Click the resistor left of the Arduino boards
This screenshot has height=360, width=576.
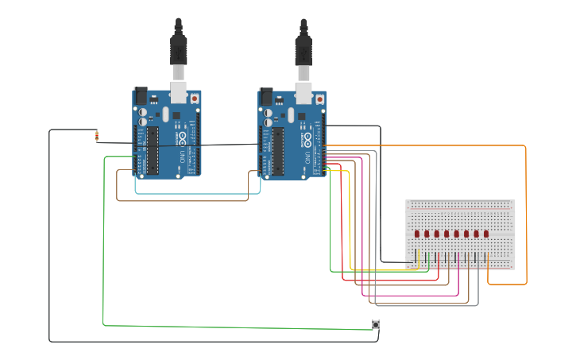pyautogui.click(x=97, y=136)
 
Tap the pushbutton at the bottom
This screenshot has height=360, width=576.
pyautogui.click(x=376, y=324)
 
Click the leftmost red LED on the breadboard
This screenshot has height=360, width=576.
pyautogui.click(x=417, y=234)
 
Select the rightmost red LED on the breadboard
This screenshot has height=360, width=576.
pyautogui.click(x=486, y=234)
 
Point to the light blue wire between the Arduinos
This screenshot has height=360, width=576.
pyautogui.click(x=199, y=192)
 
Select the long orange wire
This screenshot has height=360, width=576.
pyautogui.click(x=525, y=215)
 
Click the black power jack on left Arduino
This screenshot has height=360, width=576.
pyautogui.click(x=141, y=95)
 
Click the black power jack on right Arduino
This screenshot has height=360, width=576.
pyautogui.click(x=267, y=95)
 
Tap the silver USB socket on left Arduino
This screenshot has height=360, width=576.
pyautogui.click(x=179, y=91)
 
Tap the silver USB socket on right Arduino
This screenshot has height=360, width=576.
pyautogui.click(x=303, y=91)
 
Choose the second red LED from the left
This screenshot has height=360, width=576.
pyautogui.click(x=427, y=234)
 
